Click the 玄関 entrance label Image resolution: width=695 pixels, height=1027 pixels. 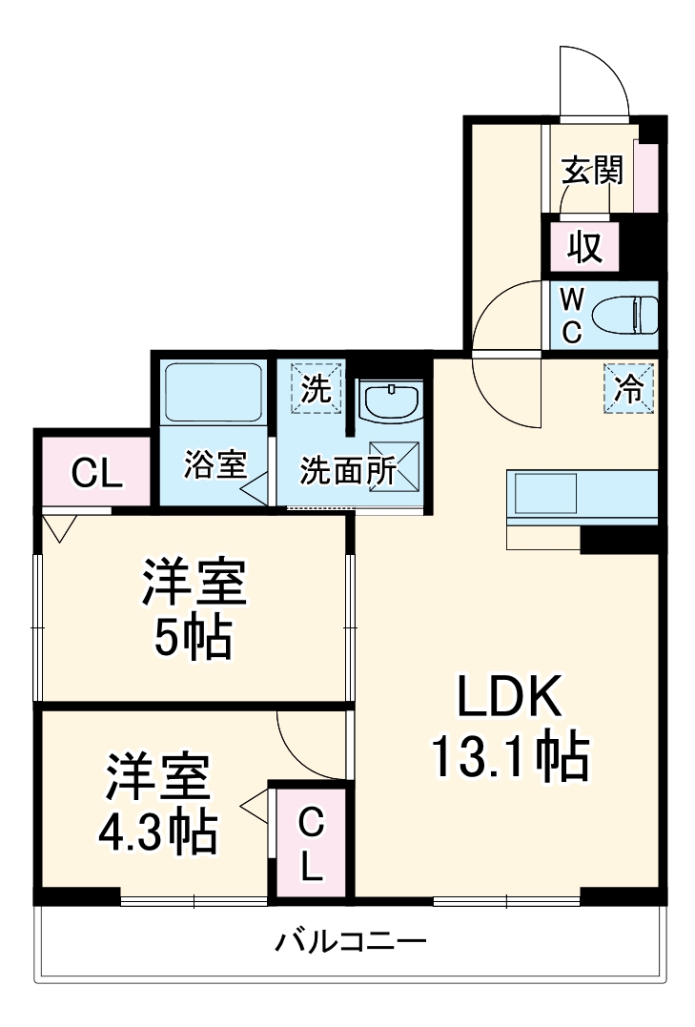click(x=592, y=172)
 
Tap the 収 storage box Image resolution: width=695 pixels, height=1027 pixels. click(x=584, y=247)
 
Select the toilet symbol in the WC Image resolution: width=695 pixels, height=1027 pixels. click(x=624, y=314)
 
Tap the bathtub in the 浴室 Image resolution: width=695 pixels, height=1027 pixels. click(x=214, y=393)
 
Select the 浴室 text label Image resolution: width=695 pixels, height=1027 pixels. click(x=215, y=465)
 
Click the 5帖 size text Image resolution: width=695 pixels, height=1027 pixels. click(x=194, y=640)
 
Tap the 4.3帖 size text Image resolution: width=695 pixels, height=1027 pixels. click(x=157, y=832)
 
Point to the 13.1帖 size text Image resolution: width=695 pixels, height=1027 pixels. click(x=510, y=757)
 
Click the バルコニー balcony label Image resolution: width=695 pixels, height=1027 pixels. click(x=351, y=943)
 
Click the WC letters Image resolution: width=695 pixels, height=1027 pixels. click(x=570, y=316)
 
